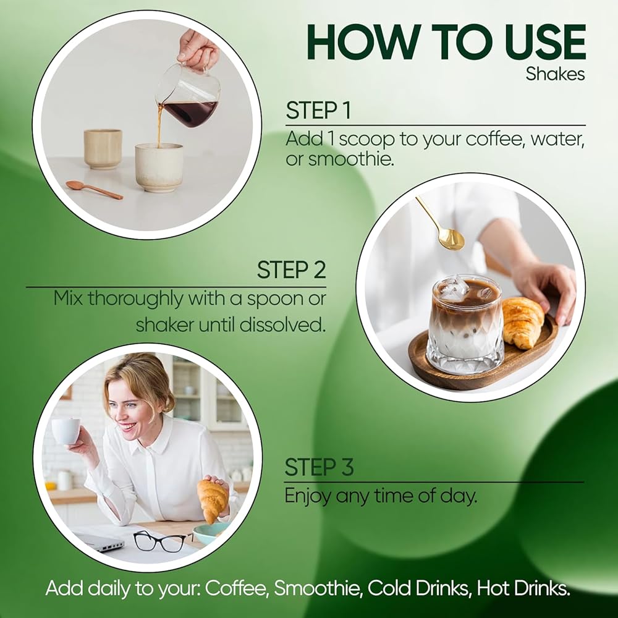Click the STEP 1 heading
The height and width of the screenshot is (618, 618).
point(318,111)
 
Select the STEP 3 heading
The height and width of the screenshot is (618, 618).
point(319,467)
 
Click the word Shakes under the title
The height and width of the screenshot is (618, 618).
point(555,74)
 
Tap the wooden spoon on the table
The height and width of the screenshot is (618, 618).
point(94,190)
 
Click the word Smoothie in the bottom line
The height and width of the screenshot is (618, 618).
point(318,588)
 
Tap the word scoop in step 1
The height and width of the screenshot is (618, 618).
point(366,140)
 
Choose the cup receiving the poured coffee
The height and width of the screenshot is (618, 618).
point(159,167)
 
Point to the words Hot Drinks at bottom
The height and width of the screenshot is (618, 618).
point(523,588)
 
